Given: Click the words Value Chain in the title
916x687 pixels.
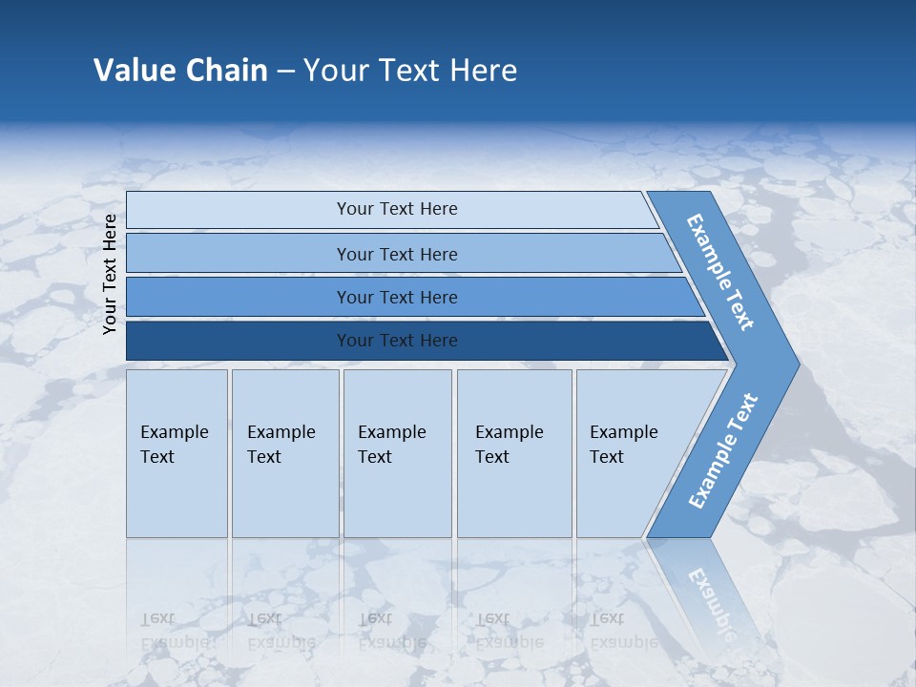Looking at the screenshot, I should tap(180, 70).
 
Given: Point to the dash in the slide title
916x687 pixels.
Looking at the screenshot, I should tap(285, 71).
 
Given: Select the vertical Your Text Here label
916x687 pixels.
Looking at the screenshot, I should tap(110, 274).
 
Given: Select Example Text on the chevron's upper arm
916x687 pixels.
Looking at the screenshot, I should tap(720, 272).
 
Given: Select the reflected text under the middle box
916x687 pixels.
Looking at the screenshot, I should tap(391, 631).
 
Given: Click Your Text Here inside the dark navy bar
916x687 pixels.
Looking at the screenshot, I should tap(397, 341).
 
